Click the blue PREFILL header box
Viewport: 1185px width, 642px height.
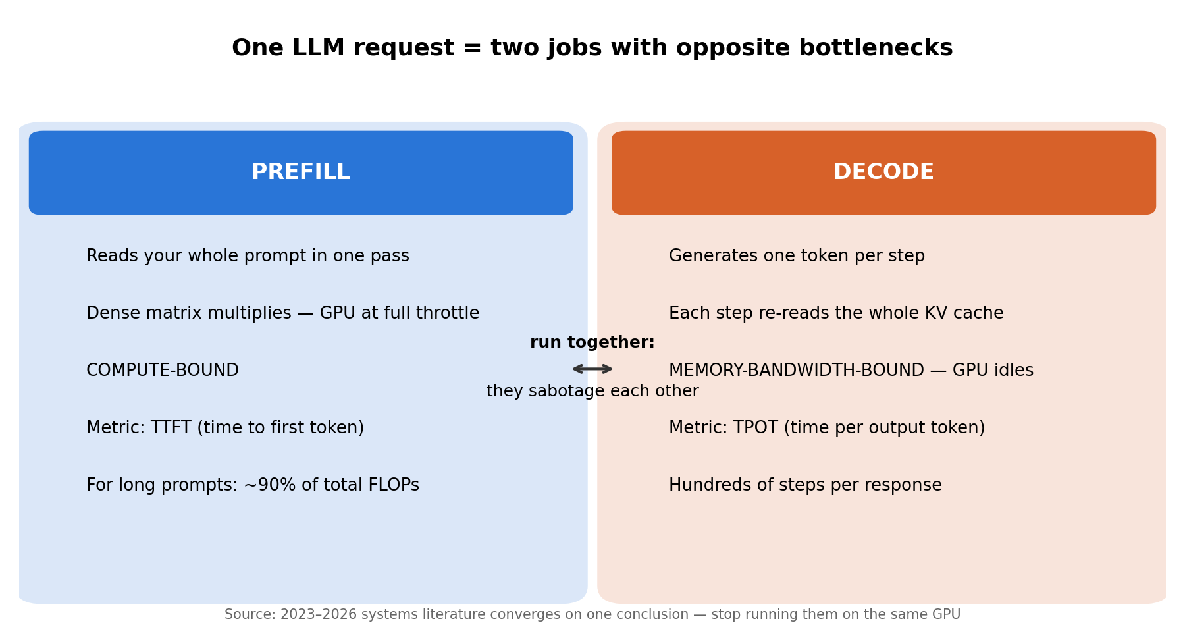301,173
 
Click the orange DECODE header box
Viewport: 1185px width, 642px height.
883,173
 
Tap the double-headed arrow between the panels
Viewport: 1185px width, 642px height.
592,369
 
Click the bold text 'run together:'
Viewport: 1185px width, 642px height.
592,342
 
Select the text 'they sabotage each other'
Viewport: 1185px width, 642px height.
592,391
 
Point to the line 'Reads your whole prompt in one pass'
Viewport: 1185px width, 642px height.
248,256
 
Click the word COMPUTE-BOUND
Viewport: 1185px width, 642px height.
163,371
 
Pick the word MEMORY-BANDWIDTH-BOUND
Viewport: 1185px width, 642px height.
797,371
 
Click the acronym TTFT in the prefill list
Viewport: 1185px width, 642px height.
171,428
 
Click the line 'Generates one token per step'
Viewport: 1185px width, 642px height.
797,256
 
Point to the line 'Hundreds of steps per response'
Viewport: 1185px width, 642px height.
805,485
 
